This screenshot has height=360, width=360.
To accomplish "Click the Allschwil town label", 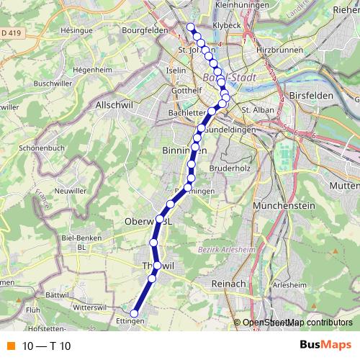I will pos(112,104).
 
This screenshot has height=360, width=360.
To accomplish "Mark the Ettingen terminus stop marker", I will pos(134,312).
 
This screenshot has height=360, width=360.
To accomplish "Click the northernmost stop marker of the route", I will pos(191,27).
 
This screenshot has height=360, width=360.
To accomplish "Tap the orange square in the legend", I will pos(12,346).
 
